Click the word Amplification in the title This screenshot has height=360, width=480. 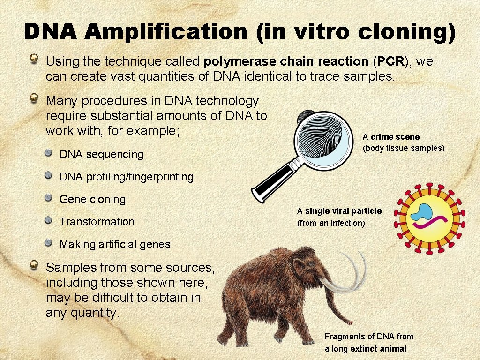(x=166, y=32)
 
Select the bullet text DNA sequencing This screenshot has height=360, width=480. (x=101, y=154)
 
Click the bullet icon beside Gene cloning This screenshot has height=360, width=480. (x=49, y=198)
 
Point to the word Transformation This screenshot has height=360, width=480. (x=97, y=222)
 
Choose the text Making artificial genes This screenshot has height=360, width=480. (x=115, y=244)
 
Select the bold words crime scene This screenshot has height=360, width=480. (x=395, y=137)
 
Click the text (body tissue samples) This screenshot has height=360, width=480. (x=403, y=149)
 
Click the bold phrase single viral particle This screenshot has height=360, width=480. (x=344, y=211)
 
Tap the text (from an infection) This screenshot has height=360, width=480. (x=331, y=223)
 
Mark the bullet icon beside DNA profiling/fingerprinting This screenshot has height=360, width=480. (x=49, y=176)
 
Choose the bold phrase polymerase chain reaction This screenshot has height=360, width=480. (x=286, y=61)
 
